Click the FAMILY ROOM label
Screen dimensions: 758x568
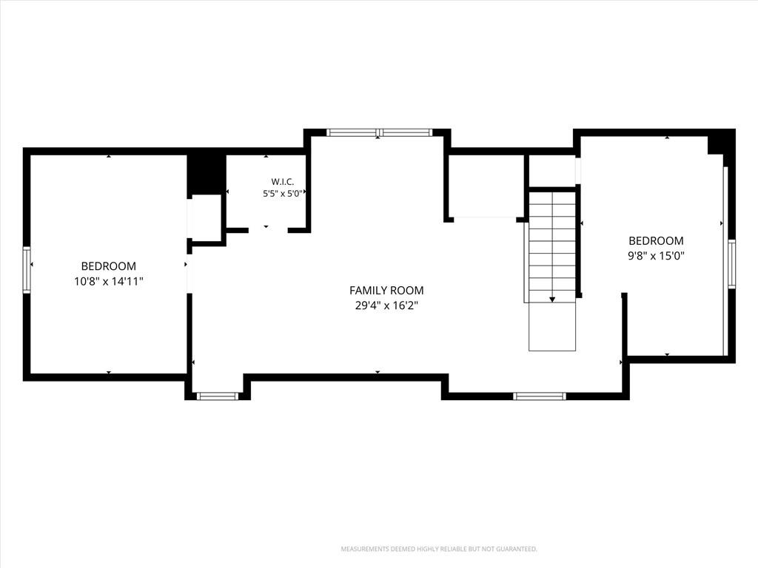click(386, 290)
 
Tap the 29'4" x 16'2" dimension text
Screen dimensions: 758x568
click(386, 305)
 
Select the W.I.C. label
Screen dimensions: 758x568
click(282, 182)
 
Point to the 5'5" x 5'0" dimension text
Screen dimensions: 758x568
click(283, 194)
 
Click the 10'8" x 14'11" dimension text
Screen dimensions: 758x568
click(109, 281)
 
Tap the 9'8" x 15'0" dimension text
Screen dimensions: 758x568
click(656, 256)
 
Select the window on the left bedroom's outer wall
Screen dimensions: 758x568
click(27, 270)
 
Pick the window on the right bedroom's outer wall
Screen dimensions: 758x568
click(731, 264)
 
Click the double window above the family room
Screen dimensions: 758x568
click(379, 132)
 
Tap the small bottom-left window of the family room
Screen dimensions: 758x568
click(218, 396)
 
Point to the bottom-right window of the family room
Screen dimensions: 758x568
click(539, 396)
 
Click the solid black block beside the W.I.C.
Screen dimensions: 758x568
click(207, 175)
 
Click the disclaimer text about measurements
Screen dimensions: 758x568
click(439, 550)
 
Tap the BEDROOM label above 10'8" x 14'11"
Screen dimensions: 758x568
click(109, 266)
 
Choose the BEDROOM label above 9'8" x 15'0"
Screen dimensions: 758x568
click(656, 240)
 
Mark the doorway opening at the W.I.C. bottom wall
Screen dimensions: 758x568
click(268, 231)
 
